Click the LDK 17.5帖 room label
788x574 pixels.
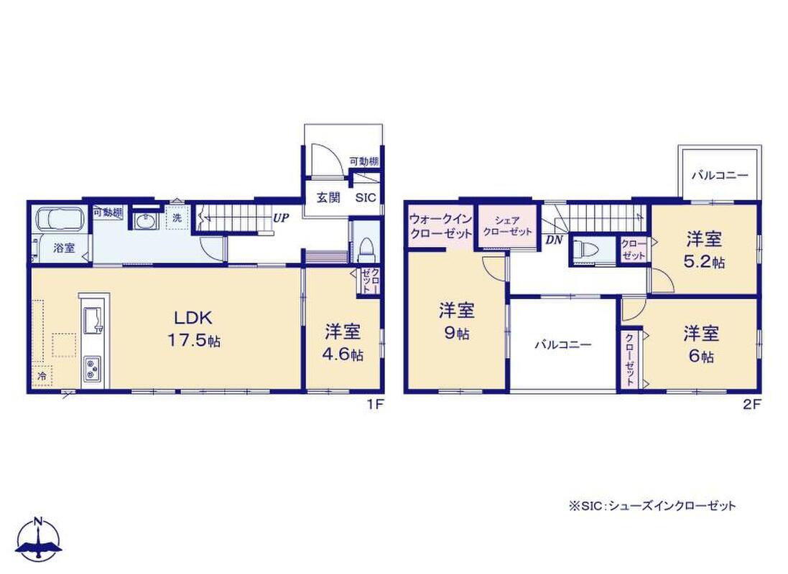(x=194, y=329)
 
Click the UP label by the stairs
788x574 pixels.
(x=281, y=218)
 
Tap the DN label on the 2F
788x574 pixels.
(x=554, y=240)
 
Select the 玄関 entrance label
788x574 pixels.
(x=328, y=197)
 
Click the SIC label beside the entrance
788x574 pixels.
(x=366, y=198)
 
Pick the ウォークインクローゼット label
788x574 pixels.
(x=441, y=227)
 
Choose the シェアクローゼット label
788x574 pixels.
(x=507, y=227)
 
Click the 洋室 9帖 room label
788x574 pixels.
(x=457, y=321)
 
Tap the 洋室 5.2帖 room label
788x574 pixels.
(x=704, y=250)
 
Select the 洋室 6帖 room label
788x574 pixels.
(x=700, y=344)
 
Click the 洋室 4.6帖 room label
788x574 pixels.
(x=343, y=342)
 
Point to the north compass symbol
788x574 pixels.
(x=39, y=540)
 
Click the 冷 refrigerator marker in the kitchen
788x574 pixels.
(x=42, y=376)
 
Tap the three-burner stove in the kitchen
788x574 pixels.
(x=92, y=369)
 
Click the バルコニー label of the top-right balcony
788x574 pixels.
(x=720, y=176)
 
